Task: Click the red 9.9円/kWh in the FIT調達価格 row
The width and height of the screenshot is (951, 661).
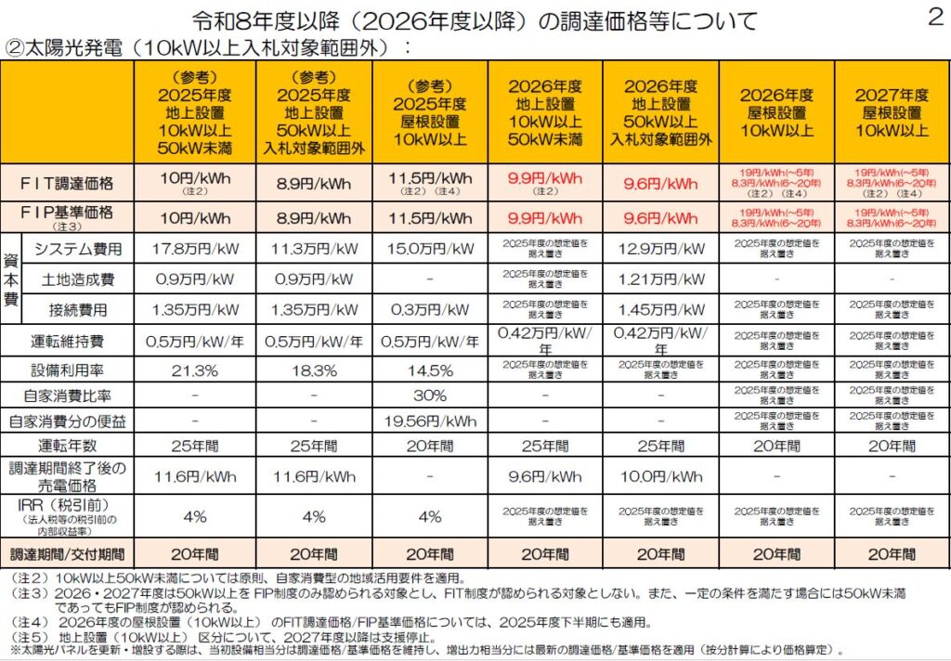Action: (545, 178)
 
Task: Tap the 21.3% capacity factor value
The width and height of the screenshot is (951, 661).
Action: (195, 369)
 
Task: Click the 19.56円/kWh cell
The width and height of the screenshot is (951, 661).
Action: (429, 421)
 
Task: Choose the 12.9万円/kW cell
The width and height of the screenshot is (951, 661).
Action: (660, 249)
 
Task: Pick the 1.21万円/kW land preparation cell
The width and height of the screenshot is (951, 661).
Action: (660, 279)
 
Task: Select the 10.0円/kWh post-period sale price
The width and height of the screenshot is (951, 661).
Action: (660, 477)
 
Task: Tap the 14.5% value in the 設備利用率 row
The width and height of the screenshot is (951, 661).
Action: (429, 369)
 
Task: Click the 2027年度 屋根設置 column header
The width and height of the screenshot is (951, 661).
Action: (892, 112)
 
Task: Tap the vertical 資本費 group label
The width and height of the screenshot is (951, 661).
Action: (11, 279)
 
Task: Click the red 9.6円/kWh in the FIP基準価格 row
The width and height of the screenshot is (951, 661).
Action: (660, 219)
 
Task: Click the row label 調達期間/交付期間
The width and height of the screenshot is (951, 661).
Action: (67, 553)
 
